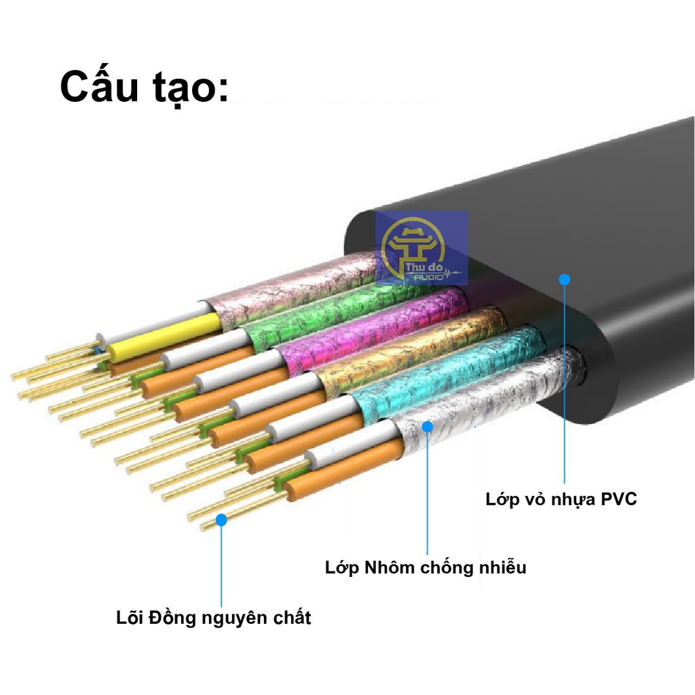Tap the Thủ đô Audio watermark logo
421,248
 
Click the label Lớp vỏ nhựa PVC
561,500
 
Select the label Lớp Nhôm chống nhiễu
426,567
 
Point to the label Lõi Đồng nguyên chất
212,618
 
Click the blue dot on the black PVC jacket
564,279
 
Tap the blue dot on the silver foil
427,426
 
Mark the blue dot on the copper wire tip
221,520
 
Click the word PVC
618,500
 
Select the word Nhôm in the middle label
390,567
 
